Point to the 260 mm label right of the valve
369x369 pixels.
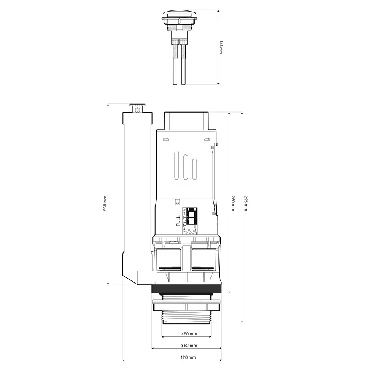pyautogui.click(x=232, y=202)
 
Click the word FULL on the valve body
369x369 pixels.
pyautogui.click(x=178, y=220)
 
